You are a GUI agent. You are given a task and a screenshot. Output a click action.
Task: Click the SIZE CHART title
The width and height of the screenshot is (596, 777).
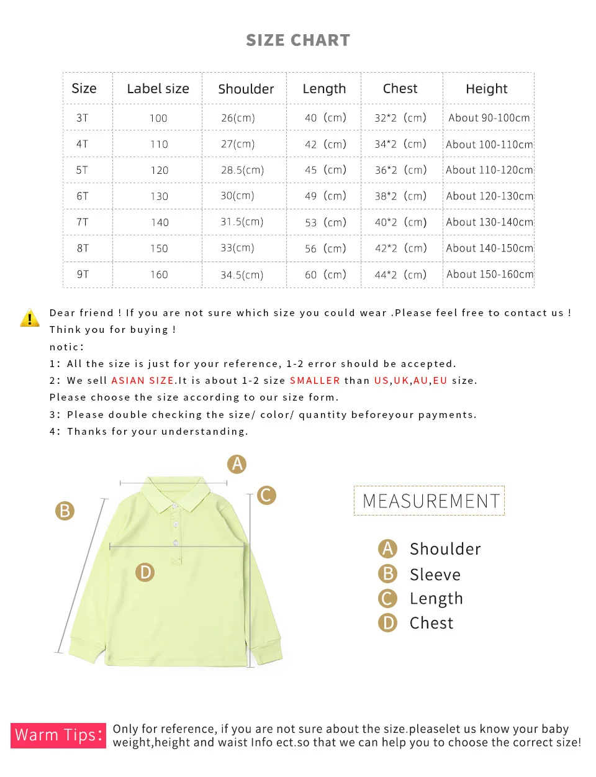coord(298,40)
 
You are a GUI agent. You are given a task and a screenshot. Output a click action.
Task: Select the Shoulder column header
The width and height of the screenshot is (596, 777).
coord(246,89)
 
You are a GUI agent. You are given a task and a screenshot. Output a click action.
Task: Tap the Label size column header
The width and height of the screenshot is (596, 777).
coord(158,89)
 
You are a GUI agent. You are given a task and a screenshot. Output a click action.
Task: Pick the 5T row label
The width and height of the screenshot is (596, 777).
coord(82,170)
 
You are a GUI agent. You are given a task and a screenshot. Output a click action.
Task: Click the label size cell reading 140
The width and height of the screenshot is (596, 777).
coord(160,222)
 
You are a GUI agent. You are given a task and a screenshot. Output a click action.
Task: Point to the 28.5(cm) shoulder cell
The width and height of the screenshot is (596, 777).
coord(242,170)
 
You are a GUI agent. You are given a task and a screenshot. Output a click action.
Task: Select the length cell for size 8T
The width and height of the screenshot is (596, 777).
coord(325,248)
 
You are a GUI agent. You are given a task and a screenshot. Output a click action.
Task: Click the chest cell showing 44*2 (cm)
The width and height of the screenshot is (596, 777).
coord(400,275)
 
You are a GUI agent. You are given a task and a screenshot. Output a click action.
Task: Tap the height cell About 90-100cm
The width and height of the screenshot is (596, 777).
coord(489,118)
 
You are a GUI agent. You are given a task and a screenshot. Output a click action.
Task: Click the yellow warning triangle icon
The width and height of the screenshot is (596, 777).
coord(30,318)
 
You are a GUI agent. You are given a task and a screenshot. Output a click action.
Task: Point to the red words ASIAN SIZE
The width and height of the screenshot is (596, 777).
coord(142,381)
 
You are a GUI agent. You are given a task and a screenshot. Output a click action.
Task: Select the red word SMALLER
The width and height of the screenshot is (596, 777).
coord(315,381)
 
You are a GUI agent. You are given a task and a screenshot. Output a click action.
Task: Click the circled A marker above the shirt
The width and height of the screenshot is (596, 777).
coord(237,464)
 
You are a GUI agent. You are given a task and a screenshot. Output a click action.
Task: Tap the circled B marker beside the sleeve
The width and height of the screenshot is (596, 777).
coord(65,511)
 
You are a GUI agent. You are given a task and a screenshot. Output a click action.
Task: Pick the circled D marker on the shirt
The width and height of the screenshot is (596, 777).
coord(145,572)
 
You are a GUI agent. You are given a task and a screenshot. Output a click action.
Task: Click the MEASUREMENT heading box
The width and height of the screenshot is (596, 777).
coord(430,501)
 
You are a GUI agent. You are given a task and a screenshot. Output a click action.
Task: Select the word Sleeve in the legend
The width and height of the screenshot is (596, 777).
coord(435,575)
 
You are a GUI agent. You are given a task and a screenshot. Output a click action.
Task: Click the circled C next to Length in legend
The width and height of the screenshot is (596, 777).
coord(387,599)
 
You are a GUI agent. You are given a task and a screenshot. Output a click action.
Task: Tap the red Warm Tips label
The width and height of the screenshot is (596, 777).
coord(58,735)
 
